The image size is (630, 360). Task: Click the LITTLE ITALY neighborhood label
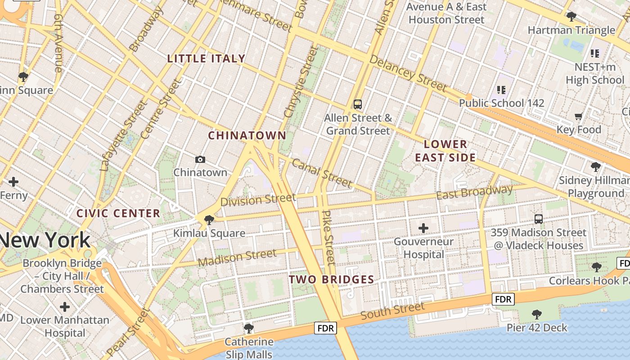click(206, 58)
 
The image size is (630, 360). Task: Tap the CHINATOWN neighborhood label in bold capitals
click(247, 135)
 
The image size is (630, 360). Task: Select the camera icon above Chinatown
click(200, 159)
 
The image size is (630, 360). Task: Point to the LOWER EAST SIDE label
click(445, 151)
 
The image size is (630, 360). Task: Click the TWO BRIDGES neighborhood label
click(331, 279)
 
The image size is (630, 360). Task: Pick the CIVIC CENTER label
click(118, 213)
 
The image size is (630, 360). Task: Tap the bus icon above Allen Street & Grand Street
click(358, 104)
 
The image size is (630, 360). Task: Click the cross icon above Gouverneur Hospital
click(423, 228)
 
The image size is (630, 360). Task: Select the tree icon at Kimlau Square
click(209, 220)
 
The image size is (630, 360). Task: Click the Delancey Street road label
click(408, 73)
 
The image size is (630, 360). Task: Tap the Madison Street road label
click(237, 258)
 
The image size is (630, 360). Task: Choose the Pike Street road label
click(329, 237)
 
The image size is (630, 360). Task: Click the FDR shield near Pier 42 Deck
click(503, 299)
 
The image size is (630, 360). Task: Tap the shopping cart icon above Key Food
click(578, 116)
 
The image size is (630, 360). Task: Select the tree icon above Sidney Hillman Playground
click(596, 167)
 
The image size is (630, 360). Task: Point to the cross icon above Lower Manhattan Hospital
click(65, 307)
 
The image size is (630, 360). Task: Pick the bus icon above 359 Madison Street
click(538, 219)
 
